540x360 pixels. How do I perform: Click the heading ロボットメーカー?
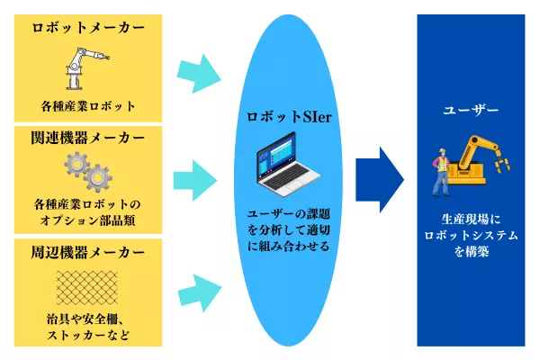click(x=87, y=28)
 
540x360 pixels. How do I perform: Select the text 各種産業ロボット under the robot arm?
click(x=87, y=105)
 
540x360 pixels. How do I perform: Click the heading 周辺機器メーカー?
click(x=87, y=251)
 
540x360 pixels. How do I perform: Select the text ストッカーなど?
click(x=87, y=337)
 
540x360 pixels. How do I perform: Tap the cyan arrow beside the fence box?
click(x=200, y=290)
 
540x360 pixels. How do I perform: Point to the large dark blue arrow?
click(x=379, y=176)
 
